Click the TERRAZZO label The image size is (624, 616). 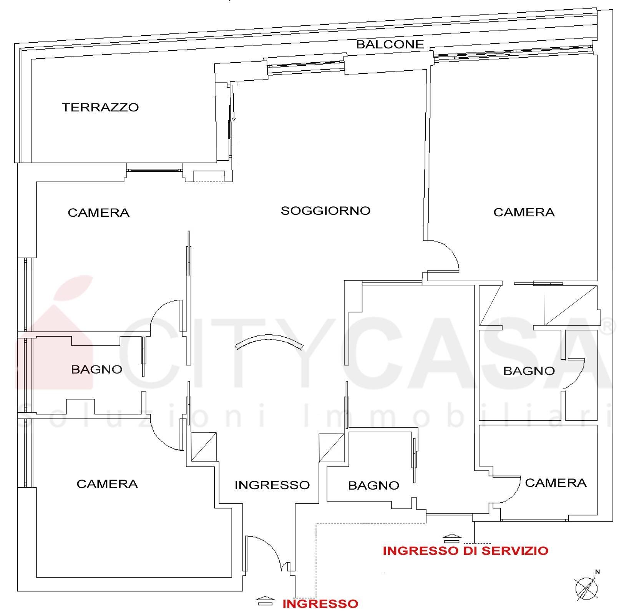coord(100,107)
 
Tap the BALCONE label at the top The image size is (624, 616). coord(390,45)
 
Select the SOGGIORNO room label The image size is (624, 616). coord(325,211)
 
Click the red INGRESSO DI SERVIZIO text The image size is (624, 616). coord(465,551)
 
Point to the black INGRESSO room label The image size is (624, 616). coord(272,485)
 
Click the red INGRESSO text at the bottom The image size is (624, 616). coord(320,604)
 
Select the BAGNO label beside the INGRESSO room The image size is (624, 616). coord(373,485)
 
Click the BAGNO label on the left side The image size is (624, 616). coord(96,369)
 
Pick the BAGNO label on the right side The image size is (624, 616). coord(529,371)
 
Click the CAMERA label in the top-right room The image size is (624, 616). coord(524,212)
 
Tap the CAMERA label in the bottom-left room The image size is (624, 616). coord(107,484)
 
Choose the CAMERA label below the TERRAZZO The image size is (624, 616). coord(98,213)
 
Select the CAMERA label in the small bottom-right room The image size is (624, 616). coord(556,483)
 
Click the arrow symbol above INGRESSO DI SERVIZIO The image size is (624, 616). coord(452,537)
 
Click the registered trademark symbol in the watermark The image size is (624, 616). coord(607,327)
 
